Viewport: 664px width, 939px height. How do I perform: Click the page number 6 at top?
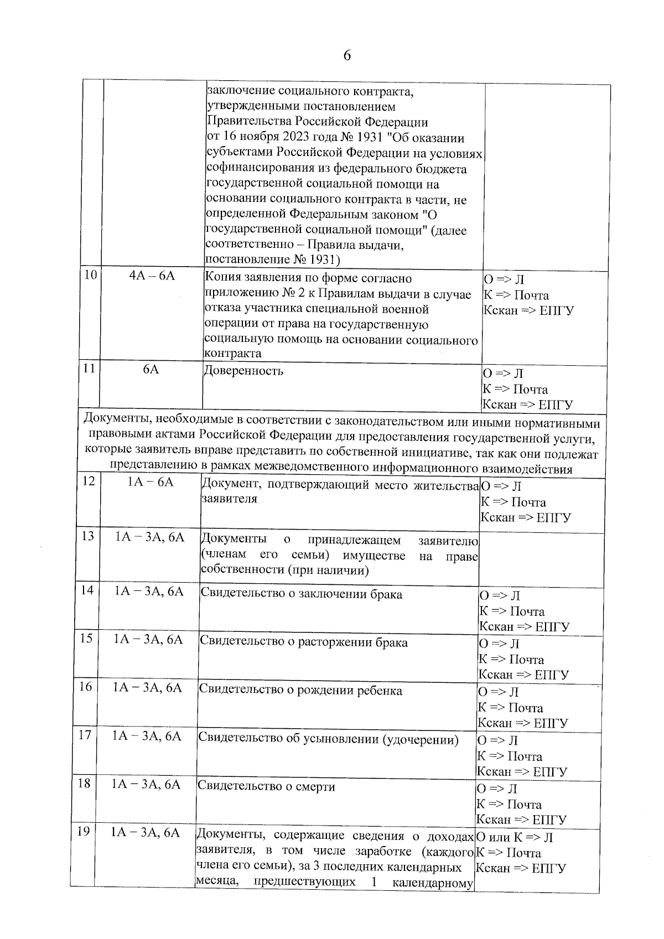347,56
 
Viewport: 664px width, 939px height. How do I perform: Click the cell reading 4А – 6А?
152,276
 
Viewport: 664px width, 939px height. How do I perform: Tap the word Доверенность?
243,371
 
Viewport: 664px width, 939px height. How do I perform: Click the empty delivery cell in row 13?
541,559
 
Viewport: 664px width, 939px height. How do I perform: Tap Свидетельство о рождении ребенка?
300,691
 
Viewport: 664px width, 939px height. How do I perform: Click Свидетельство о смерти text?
266,786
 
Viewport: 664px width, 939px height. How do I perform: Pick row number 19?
84,832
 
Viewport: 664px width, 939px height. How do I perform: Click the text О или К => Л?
515,838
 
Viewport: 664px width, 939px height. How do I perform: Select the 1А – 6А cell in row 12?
151,483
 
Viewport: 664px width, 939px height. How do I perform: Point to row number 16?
85,687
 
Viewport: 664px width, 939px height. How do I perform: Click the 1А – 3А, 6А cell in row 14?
149,592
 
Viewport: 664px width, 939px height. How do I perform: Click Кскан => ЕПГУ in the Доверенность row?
527,404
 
